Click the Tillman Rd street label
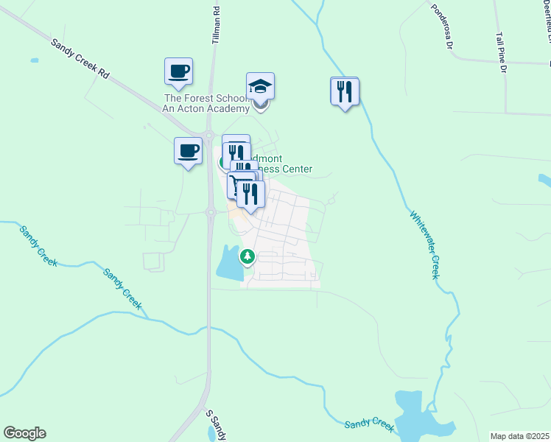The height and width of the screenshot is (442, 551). coord(217,25)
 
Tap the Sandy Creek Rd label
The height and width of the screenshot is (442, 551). coord(80,60)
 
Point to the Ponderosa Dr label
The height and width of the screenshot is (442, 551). coord(441,27)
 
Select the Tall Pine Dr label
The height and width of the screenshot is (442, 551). coord(502,52)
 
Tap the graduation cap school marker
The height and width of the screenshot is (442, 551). coord(260,87)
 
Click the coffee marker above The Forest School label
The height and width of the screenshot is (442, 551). coord(178,72)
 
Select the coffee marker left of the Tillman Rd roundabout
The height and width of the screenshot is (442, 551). coord(188,151)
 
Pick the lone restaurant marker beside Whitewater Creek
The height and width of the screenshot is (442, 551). coord(345,91)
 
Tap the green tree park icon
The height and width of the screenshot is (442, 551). coord(248,257)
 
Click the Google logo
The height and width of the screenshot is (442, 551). coord(24,433)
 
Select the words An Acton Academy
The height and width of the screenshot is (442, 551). coord(199,108)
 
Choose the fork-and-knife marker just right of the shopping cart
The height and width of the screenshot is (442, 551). coord(252,193)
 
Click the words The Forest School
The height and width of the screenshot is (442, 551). coord(199,98)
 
